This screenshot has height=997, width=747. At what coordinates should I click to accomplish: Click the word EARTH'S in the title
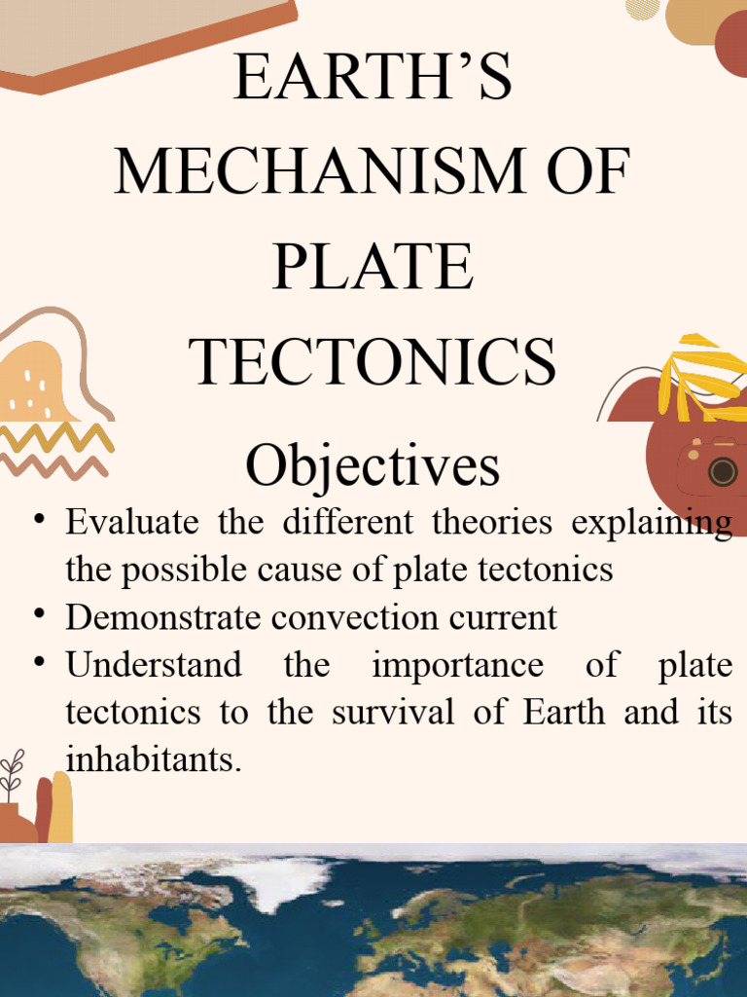point(373,76)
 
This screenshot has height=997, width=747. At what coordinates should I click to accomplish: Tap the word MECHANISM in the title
point(319,170)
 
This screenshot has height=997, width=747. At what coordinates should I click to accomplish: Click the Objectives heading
point(373,466)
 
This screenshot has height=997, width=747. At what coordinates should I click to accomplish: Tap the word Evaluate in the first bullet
point(132,522)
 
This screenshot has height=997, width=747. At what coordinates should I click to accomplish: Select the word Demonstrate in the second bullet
point(163,616)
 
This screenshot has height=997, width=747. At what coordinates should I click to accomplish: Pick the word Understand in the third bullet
point(154,664)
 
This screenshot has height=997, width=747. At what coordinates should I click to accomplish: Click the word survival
point(393,712)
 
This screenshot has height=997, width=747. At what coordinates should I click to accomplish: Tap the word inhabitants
point(154,758)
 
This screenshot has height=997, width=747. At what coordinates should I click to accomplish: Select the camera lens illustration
point(723,472)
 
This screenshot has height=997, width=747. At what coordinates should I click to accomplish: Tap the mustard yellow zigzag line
point(57,437)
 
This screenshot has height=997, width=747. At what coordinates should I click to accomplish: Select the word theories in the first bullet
point(491,522)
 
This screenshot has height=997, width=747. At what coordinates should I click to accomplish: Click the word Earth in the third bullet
point(564,712)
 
